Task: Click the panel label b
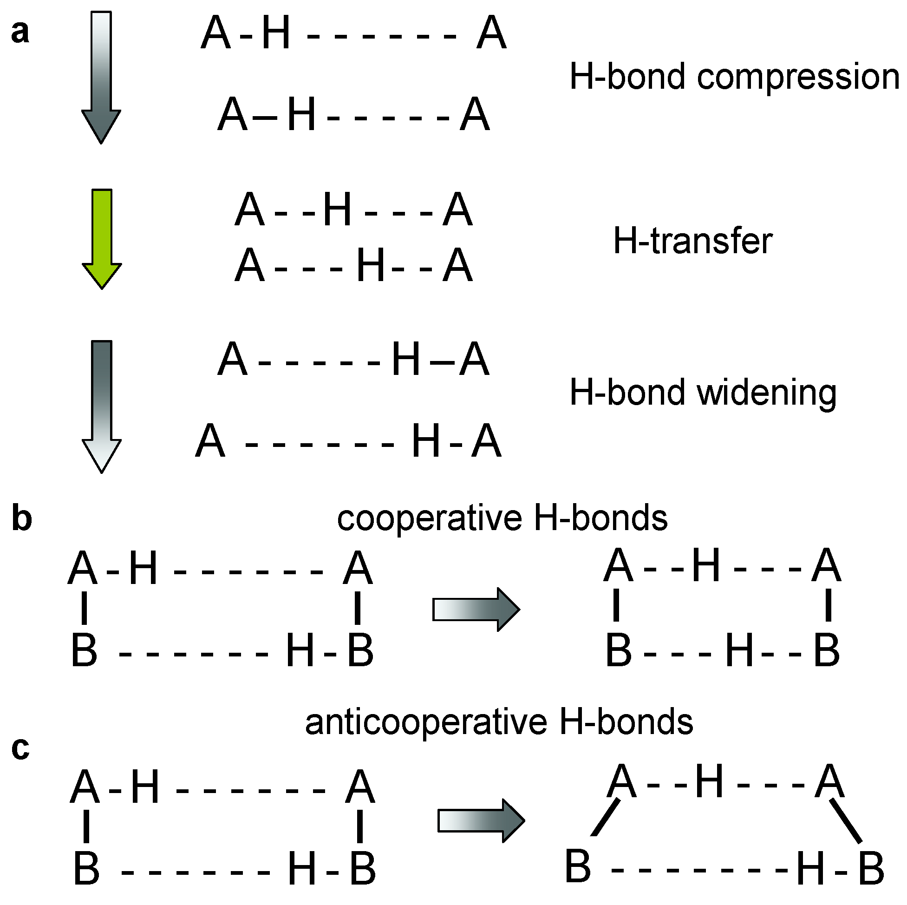21,518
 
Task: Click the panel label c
20,748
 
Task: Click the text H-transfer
692,241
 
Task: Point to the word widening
767,393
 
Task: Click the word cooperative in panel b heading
430,519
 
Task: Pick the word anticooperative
426,723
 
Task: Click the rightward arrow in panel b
476,610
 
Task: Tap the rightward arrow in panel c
481,821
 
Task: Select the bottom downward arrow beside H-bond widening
102,406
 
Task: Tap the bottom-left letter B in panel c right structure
577,866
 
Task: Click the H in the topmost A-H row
276,33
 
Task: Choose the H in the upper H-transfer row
337,210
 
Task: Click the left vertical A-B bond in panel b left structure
85,609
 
